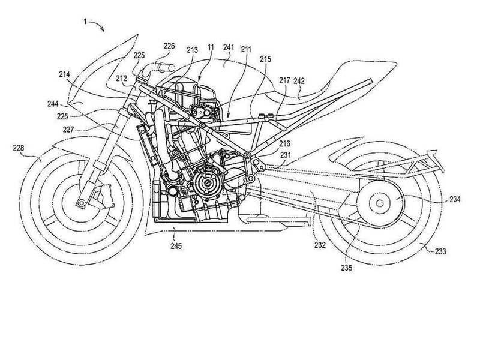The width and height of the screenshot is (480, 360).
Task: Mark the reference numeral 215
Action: pyautogui.click(x=266, y=59)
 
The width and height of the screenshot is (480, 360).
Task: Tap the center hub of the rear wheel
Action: pyautogui.click(x=377, y=202)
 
